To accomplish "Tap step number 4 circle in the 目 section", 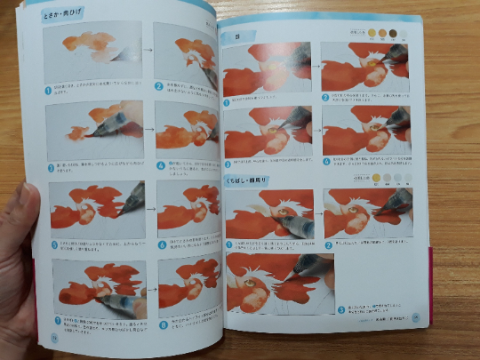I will [326, 162].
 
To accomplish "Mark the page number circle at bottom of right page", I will [415, 319].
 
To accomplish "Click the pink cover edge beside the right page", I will [433, 267].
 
